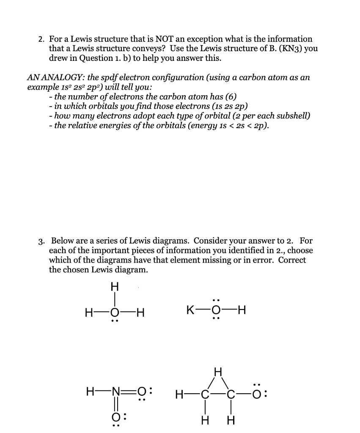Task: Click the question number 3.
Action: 41,241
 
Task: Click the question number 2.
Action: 41,39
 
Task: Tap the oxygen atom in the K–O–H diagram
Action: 216,313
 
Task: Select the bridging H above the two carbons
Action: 217,373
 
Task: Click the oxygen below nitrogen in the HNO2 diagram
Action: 114,417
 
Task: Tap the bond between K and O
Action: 204,313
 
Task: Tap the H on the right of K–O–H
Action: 241,313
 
